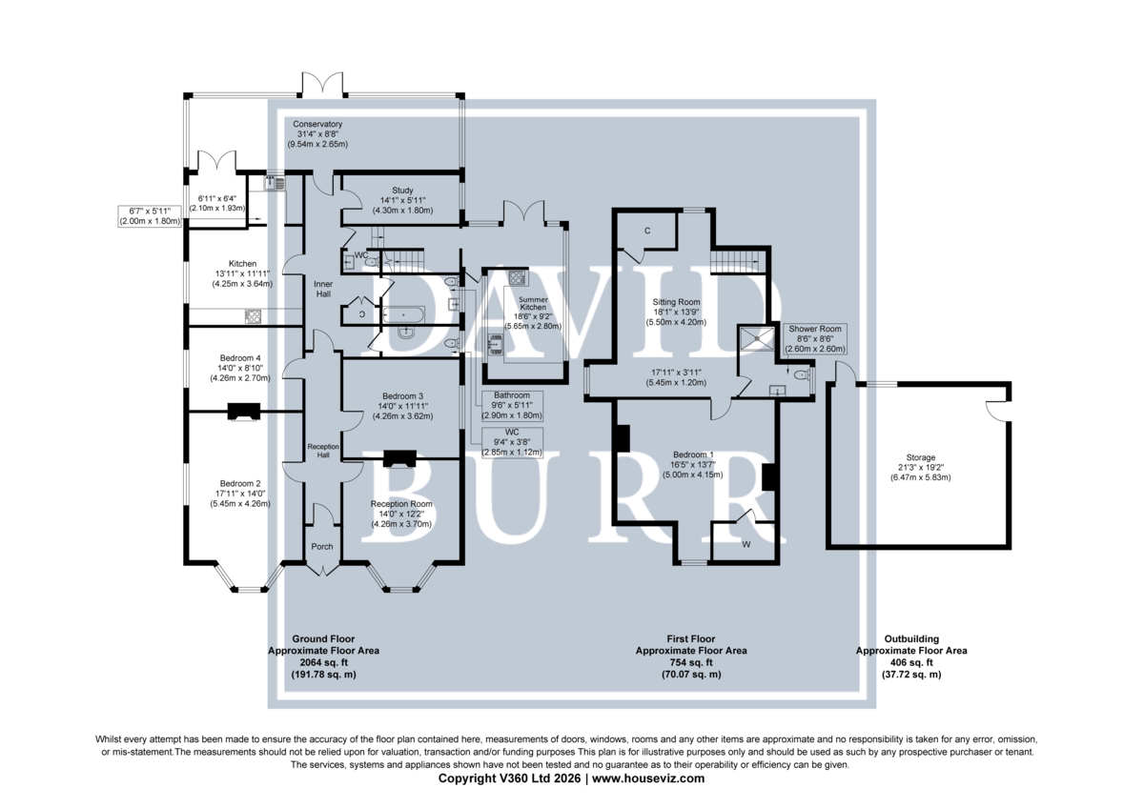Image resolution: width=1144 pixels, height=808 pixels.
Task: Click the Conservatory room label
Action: click(317, 124)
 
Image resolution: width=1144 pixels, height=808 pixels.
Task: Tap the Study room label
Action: click(402, 191)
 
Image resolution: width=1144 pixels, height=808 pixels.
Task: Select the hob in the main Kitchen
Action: click(254, 316)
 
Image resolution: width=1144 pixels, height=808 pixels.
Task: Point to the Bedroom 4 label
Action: click(240, 358)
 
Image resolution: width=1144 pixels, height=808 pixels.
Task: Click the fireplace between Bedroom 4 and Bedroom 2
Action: click(244, 412)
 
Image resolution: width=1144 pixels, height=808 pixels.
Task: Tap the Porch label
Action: click(322, 547)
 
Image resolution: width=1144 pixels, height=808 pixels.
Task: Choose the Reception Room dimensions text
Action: click(401, 519)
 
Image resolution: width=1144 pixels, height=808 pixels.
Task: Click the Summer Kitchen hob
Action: click(517, 277)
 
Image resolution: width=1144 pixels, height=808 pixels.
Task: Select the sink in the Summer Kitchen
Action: click(496, 343)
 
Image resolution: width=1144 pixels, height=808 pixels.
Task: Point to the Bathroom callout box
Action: click(512, 406)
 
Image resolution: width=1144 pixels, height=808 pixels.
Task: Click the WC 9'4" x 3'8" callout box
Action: click(512, 442)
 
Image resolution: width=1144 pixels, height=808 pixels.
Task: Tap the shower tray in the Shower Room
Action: click(756, 339)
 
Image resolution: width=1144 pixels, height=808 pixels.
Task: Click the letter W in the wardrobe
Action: click(746, 545)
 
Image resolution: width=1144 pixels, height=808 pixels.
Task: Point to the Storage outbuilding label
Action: click(920, 458)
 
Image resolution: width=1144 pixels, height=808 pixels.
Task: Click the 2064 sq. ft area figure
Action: click(323, 662)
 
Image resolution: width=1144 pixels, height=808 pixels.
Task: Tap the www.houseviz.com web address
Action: click(648, 778)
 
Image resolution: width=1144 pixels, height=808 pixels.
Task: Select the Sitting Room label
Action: click(676, 302)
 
